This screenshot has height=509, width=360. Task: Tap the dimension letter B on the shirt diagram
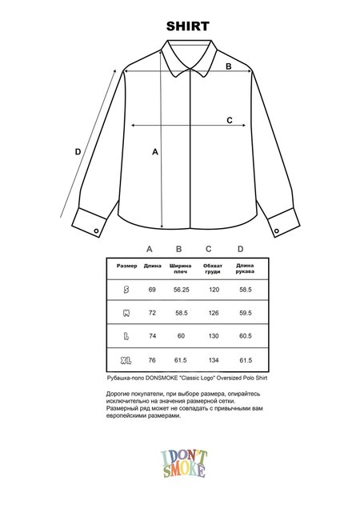coord(228,66)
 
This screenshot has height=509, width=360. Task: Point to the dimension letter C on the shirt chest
coord(229,120)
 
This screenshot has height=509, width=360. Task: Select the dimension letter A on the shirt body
coord(155,151)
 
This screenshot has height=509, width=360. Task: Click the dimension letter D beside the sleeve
coord(78,151)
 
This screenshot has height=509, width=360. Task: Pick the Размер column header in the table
coord(126,267)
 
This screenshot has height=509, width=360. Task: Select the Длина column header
coord(152,267)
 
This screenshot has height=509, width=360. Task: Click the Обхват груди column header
coord(213,270)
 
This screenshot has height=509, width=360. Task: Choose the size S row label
coord(126,289)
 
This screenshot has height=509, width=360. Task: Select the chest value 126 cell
coord(214,312)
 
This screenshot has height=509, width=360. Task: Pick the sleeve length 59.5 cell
coord(245,312)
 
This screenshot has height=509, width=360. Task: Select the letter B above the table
coord(179,249)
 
